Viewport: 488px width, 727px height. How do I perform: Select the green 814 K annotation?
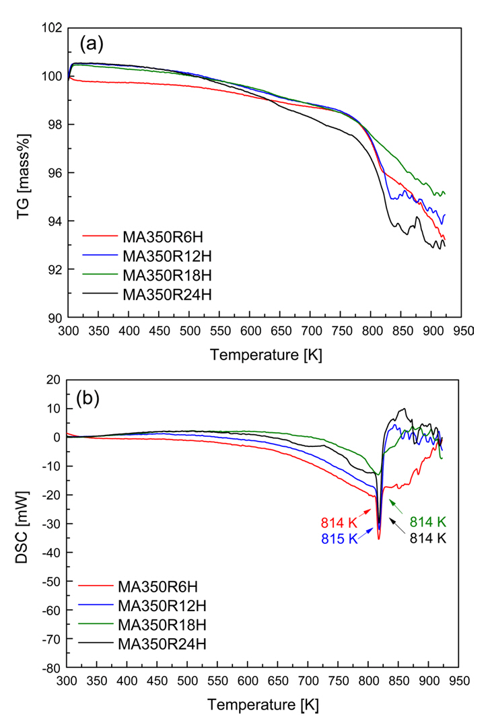[428, 522]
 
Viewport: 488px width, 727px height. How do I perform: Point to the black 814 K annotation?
[428, 538]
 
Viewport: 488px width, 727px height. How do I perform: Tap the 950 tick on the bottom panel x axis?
[458, 683]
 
